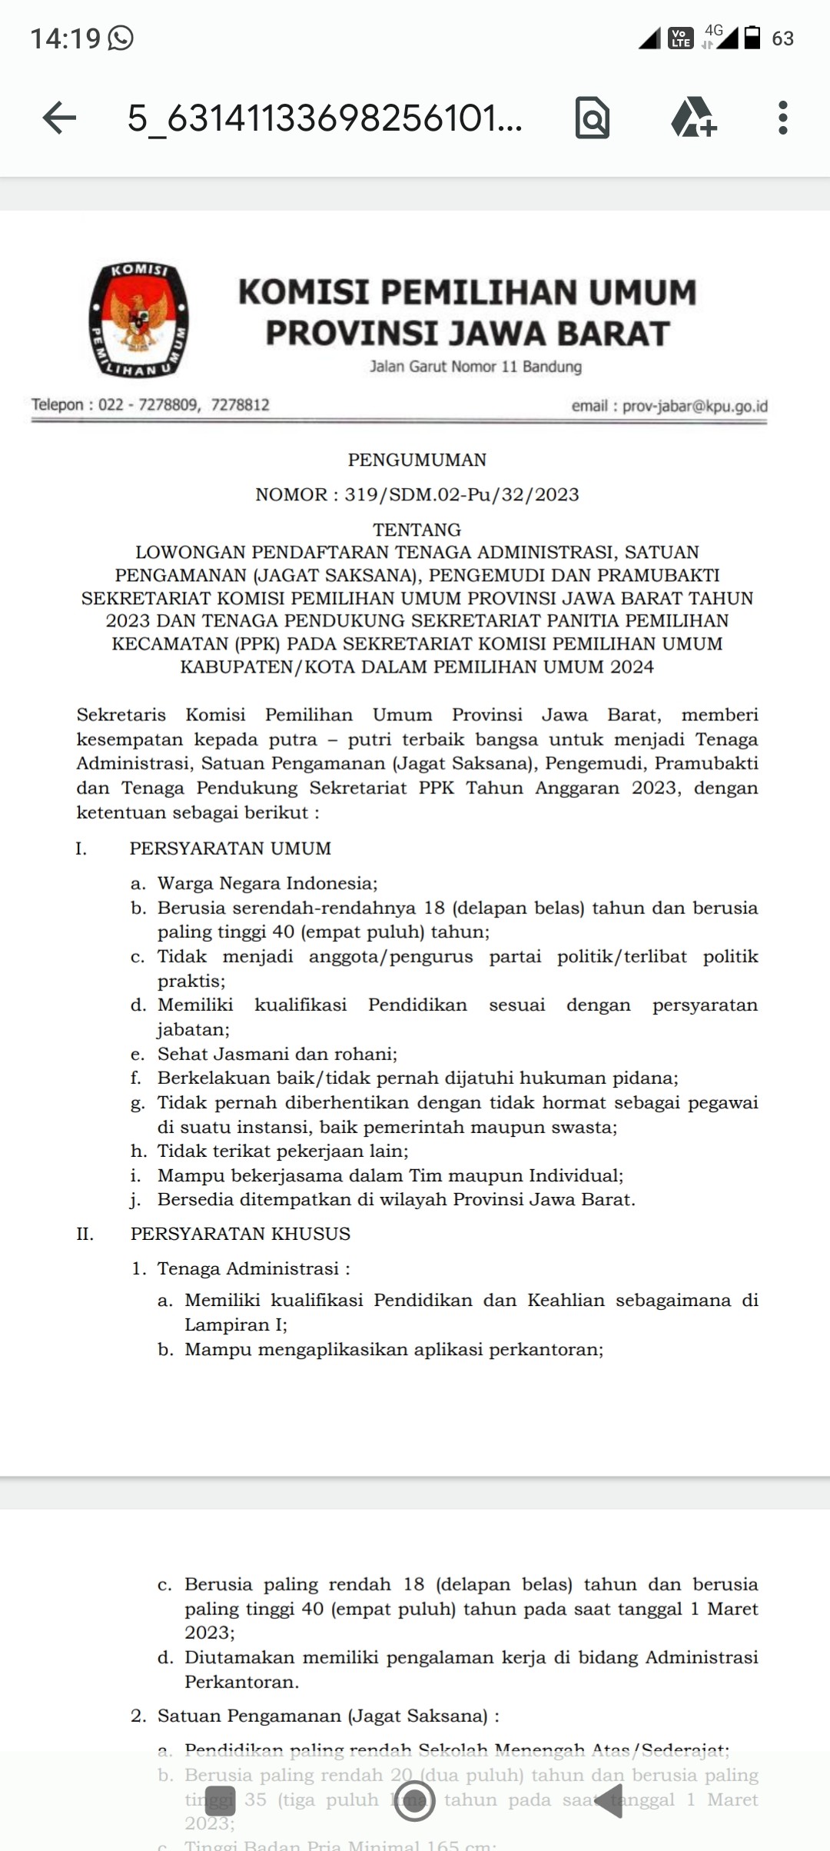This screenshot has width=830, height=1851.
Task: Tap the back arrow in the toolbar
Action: tap(59, 118)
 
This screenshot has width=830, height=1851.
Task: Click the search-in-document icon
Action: tap(592, 118)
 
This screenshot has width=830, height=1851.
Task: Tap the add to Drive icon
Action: tap(693, 118)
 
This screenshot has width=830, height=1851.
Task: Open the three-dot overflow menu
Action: tap(782, 118)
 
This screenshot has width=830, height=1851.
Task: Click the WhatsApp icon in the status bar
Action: tap(121, 38)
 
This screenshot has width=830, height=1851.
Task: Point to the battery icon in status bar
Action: tap(753, 38)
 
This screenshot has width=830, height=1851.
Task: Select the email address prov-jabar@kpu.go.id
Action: tap(694, 406)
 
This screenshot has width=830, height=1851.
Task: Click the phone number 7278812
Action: tap(240, 404)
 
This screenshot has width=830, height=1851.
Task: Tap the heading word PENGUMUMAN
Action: tap(417, 460)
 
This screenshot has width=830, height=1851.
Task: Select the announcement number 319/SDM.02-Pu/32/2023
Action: tap(461, 494)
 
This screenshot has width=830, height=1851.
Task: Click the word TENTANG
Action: tap(417, 530)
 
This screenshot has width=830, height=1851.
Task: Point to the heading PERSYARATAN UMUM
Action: tap(230, 849)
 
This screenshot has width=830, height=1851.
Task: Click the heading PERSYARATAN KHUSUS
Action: tap(240, 1234)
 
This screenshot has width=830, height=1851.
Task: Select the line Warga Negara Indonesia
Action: tap(267, 883)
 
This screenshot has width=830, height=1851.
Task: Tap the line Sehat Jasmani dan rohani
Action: tap(277, 1054)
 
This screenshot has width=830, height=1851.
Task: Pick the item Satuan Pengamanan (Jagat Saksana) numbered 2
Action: tap(327, 1716)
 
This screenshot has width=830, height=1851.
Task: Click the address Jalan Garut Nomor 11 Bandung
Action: tap(475, 367)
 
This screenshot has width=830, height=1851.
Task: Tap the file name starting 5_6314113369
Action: tap(324, 118)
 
